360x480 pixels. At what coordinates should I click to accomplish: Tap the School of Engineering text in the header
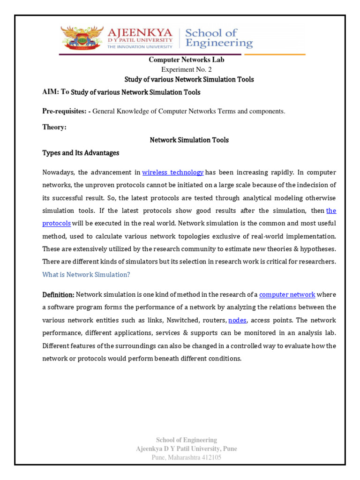click(218, 38)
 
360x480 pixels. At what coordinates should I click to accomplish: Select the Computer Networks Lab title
click(187, 60)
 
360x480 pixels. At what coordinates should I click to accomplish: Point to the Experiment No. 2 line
click(186, 69)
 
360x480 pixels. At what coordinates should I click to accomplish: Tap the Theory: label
click(54, 127)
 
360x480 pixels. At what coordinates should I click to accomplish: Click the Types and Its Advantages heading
click(81, 153)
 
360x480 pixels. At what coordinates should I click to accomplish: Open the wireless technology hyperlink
click(172, 172)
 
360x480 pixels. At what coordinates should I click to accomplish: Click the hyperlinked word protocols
click(56, 223)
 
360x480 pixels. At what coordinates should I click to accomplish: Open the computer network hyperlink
click(287, 294)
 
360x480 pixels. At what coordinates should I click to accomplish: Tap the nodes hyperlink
click(237, 320)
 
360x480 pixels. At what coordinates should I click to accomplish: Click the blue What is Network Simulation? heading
click(86, 275)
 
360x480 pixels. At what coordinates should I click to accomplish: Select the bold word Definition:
click(58, 294)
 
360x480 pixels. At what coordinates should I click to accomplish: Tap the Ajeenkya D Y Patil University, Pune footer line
click(186, 449)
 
